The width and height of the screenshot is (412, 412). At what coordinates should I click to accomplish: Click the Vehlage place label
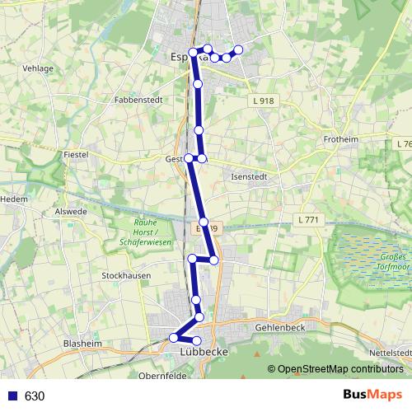pos(39,68)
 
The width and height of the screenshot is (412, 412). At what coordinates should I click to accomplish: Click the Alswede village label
pos(71,211)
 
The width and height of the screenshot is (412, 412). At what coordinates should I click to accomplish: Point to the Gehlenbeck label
pos(279,327)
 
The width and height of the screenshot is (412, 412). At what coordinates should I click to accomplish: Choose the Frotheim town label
pos(341,140)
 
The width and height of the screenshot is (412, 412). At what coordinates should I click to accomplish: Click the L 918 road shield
pos(262,101)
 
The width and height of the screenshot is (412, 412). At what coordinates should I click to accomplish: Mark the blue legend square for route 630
pos(12,396)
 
